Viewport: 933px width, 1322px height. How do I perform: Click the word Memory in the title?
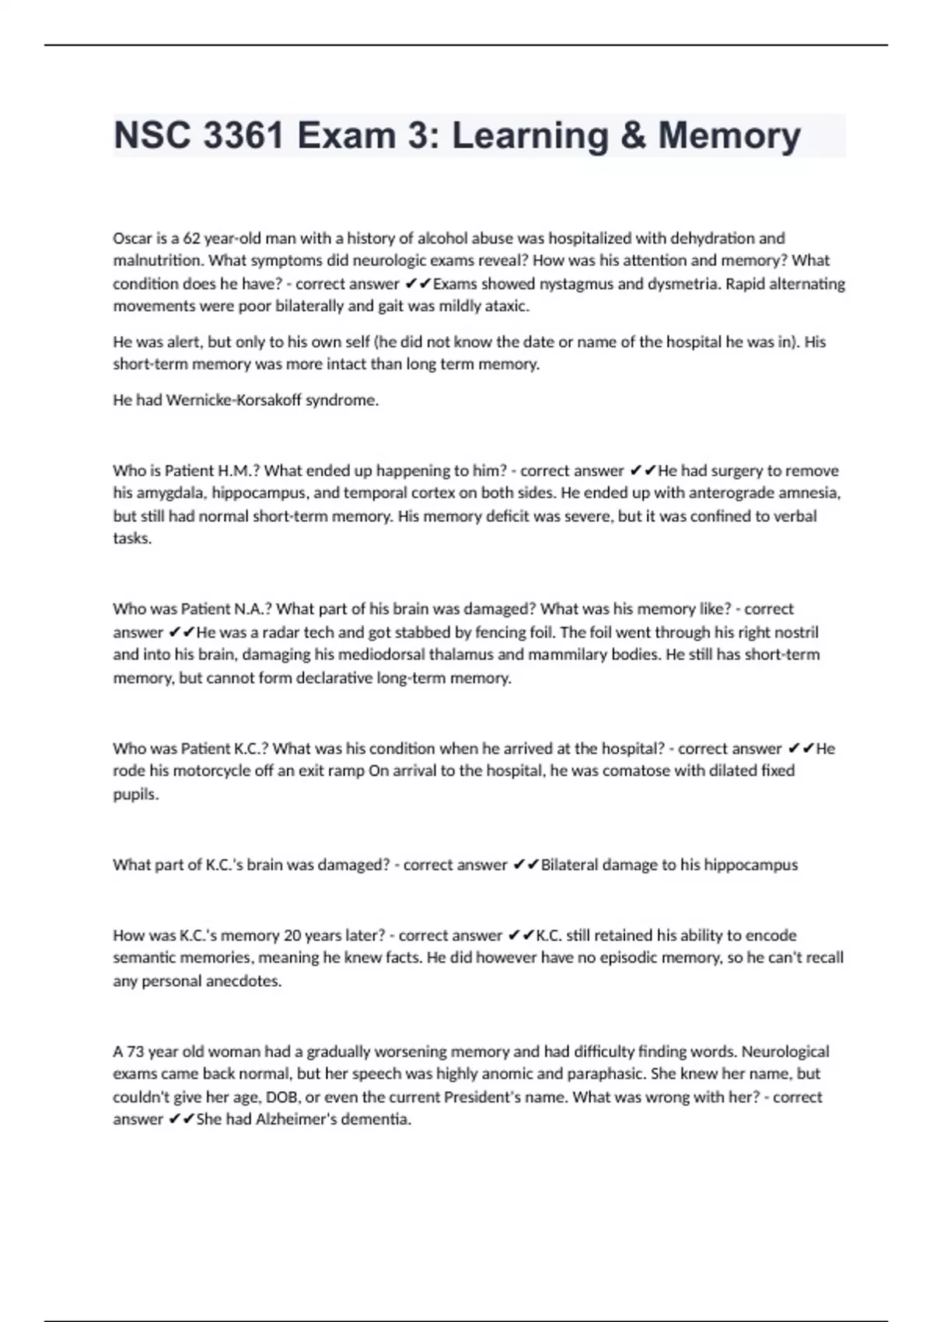click(729, 136)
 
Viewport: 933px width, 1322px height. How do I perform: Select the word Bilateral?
click(574, 865)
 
